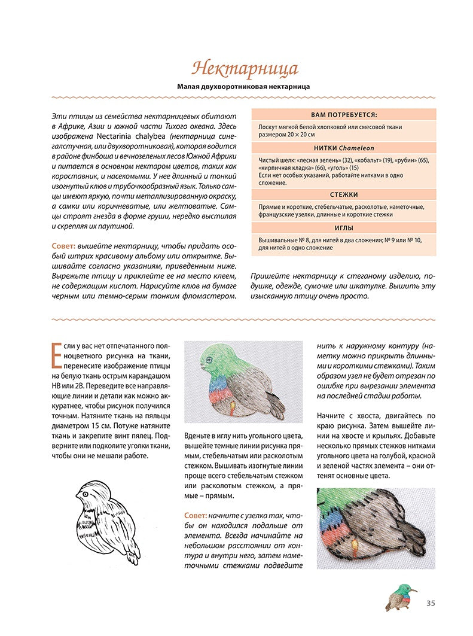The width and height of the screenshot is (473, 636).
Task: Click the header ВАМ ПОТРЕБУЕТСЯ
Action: pos(344,114)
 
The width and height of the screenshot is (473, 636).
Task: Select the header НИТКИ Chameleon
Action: pos(344,148)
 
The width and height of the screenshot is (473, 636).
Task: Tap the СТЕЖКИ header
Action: pos(344,195)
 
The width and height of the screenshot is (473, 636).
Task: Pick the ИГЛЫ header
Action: pos(344,228)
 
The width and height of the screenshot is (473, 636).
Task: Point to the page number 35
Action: pos(431,602)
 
